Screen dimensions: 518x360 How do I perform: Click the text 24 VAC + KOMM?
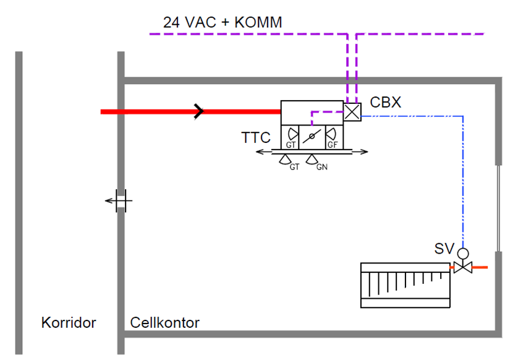pos(223,22)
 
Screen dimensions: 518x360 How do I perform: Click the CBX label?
pos(386,103)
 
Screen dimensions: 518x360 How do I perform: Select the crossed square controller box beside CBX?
pos(352,112)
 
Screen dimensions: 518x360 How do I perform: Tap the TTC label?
pos(256,137)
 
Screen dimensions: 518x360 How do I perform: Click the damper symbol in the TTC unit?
pos(312,136)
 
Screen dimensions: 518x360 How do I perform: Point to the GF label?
pos(333,145)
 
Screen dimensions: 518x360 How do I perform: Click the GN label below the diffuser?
pos(322,167)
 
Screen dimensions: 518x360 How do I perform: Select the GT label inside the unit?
pos(291,145)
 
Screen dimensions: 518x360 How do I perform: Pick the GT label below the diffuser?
pos(294,167)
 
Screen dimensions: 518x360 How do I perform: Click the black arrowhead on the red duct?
pos(199,111)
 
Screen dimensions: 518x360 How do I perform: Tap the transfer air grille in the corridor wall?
pos(121,200)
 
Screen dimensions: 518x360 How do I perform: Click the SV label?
pos(444,249)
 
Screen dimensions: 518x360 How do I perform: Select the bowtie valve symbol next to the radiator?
pos(463,267)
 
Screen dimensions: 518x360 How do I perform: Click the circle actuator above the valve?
pos(463,254)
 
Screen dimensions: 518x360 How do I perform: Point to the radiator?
pos(405,285)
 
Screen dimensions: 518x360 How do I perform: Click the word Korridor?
pos(69,323)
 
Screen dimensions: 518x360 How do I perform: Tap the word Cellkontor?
pos(165,323)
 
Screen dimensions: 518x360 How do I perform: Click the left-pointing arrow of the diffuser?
pos(263,152)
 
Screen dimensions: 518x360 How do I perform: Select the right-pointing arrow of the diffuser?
pos(360,152)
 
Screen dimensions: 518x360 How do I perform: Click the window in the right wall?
pos(498,208)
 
